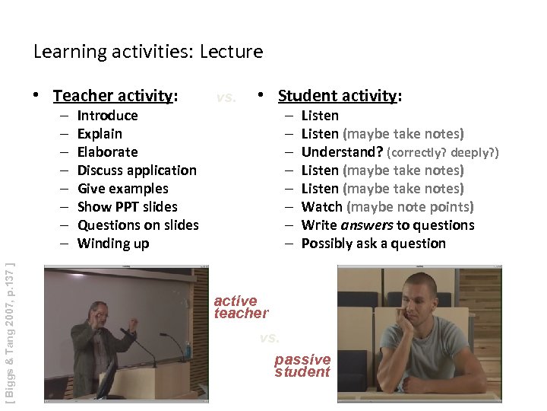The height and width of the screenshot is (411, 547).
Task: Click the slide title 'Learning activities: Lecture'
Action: click(x=148, y=52)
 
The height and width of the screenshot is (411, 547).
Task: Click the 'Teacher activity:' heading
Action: click(x=115, y=96)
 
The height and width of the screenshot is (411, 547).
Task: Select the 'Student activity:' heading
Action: click(x=340, y=96)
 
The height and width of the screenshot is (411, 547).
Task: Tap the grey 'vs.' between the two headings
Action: click(x=226, y=97)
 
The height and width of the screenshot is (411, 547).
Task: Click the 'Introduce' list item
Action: click(x=107, y=116)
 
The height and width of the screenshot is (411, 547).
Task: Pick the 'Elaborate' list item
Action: click(x=107, y=152)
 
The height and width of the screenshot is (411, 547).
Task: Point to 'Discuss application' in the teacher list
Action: click(x=137, y=170)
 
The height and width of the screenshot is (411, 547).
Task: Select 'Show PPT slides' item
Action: click(x=127, y=207)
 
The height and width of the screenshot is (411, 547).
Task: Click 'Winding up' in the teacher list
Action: click(x=113, y=244)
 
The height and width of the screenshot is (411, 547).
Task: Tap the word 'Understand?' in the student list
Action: click(x=342, y=152)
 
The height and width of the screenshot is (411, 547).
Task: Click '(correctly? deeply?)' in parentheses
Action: click(x=442, y=153)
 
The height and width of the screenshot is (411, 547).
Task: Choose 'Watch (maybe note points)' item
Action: click(x=387, y=207)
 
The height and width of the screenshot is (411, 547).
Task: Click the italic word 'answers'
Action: click(x=367, y=225)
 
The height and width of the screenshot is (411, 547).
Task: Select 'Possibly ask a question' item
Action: click(x=373, y=244)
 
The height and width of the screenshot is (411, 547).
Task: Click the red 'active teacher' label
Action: click(x=240, y=307)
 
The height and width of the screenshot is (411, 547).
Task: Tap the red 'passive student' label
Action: click(x=302, y=365)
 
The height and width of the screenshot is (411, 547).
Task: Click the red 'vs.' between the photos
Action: click(x=269, y=336)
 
